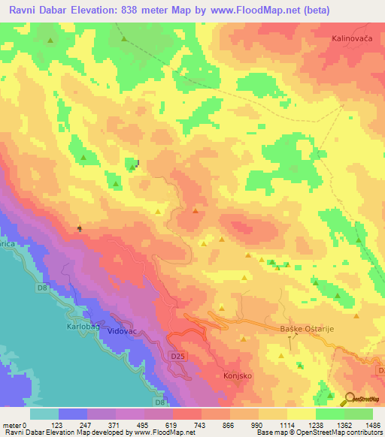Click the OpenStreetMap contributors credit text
pyautogui.click(x=332, y=433)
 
